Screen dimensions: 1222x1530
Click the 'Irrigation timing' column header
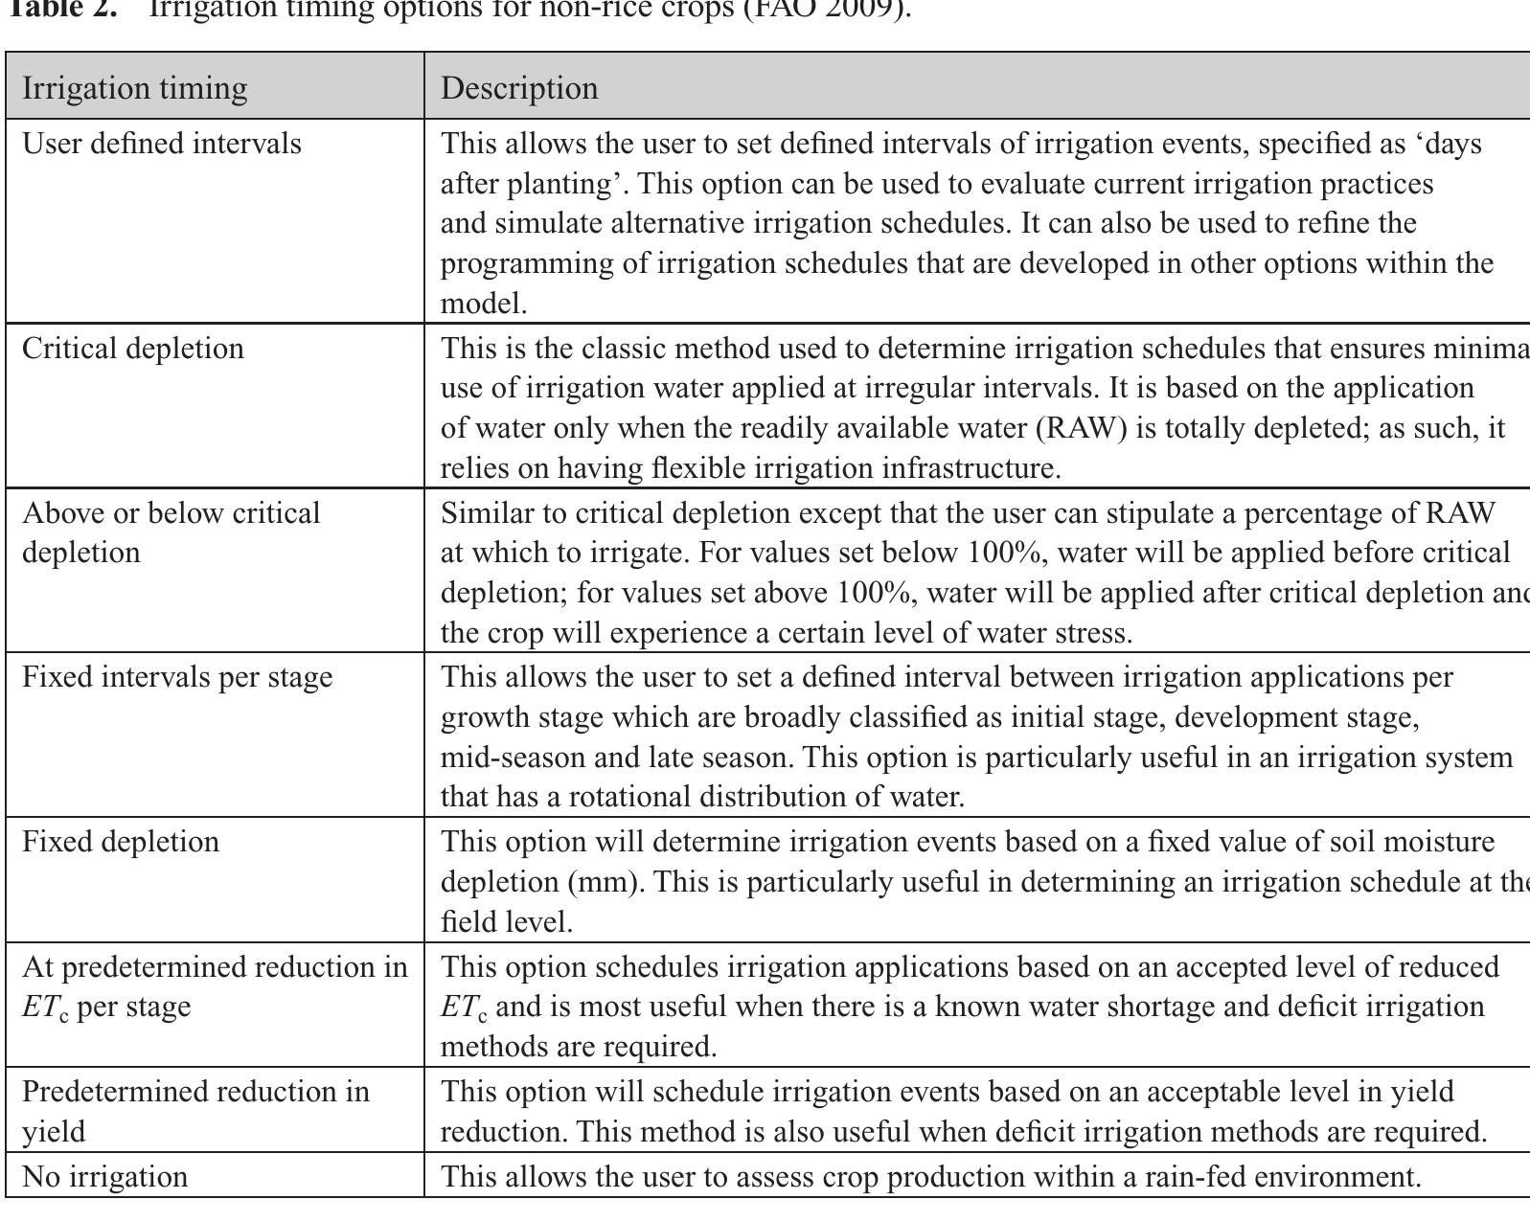pos(134,88)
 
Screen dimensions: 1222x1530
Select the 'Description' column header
pos(519,88)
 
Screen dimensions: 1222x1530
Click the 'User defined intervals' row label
pos(161,144)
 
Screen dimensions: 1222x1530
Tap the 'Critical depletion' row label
pos(132,348)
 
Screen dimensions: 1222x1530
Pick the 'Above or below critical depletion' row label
pos(171,532)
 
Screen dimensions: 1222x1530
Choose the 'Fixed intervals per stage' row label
pos(177,677)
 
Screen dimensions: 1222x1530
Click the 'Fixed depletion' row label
pos(120,842)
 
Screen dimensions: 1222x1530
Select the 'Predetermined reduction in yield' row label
pos(194,1111)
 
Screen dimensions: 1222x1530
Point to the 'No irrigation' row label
pos(104,1176)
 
